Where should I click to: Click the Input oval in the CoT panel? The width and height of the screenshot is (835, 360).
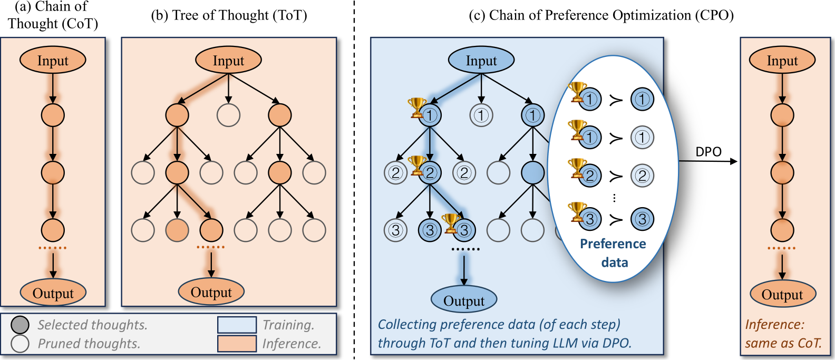(53, 60)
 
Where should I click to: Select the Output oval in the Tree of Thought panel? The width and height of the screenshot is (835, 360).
(211, 292)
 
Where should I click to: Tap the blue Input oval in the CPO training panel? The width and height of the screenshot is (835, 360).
(481, 60)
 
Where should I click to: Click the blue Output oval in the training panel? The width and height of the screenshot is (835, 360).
(464, 300)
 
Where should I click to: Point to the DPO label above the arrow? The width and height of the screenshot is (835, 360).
(708, 152)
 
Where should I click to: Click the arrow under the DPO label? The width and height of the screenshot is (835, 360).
(708, 161)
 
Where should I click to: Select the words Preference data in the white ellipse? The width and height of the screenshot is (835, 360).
(614, 252)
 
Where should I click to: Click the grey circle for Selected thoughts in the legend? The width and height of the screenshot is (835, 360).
(20, 325)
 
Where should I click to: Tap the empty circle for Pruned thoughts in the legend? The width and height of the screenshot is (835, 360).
(20, 344)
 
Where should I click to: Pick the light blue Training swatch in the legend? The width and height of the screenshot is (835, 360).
(237, 325)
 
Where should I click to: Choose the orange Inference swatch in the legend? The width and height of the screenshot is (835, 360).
(237, 344)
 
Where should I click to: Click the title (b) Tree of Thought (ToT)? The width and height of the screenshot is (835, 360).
(229, 16)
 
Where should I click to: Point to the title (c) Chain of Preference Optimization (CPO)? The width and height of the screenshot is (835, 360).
(601, 16)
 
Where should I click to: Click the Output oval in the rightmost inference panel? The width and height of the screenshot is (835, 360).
(783, 294)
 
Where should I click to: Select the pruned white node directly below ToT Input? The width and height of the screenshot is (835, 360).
(228, 115)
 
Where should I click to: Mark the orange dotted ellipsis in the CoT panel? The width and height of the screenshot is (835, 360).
(53, 248)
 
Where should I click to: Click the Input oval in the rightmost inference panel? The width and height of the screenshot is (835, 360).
(782, 60)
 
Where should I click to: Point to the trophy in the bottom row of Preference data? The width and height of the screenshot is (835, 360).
(577, 212)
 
